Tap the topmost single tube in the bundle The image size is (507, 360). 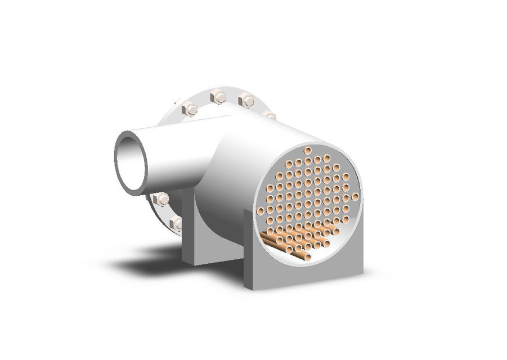[308, 150]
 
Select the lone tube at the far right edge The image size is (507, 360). [355, 196]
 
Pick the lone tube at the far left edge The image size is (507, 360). [261, 211]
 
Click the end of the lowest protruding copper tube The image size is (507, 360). [307, 256]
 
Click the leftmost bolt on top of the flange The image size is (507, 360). [190, 109]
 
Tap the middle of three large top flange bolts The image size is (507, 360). [218, 97]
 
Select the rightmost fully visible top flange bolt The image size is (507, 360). [246, 101]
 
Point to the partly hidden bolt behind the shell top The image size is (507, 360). [270, 115]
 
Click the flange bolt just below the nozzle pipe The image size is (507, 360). [161, 199]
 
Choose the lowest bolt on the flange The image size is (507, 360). [176, 223]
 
